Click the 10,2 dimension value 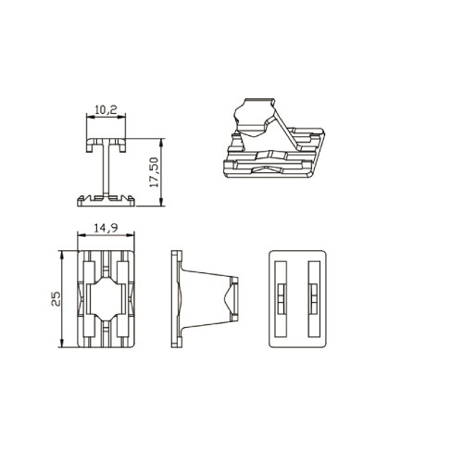pos(106,110)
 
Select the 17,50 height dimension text pos(154,172)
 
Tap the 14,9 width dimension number pos(106,228)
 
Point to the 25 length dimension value pos(56,299)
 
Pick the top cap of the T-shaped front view pos(106,144)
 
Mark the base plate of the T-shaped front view pos(106,200)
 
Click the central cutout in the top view pos(106,299)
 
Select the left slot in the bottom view pos(281,299)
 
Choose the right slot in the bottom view pos(314,299)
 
